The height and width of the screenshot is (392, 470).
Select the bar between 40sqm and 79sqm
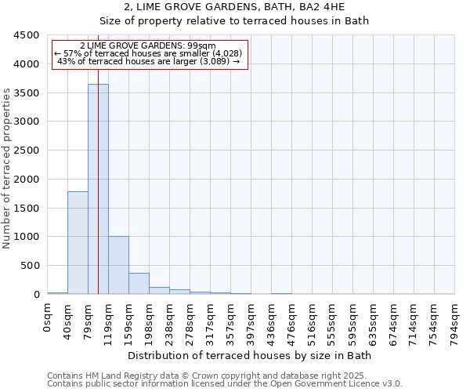coord(78,242)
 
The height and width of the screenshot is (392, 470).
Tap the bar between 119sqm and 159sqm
coord(118,265)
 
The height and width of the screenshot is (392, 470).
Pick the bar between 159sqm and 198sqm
coord(139,283)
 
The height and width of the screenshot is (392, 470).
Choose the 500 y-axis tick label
coord(30,266)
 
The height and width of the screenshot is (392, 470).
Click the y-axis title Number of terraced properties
coord(8,169)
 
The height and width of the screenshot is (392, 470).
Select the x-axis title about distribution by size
coord(251,355)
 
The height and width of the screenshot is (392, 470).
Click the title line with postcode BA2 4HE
coord(234,8)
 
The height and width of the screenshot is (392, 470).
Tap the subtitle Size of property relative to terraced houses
coord(234,21)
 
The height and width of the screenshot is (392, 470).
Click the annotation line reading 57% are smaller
coord(148,53)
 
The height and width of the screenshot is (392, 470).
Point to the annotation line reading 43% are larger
coord(148,61)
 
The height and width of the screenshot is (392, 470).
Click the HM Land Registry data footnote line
coord(224,376)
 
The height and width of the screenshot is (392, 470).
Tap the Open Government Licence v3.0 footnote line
coord(224,384)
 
